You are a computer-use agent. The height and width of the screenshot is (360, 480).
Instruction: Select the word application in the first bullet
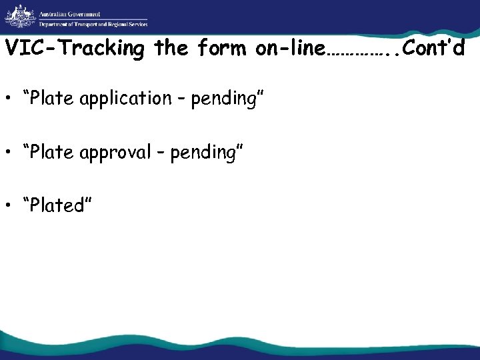click(125, 99)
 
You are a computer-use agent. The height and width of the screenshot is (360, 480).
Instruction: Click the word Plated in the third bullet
click(57, 206)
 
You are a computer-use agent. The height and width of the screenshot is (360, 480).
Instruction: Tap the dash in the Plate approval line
click(161, 154)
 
